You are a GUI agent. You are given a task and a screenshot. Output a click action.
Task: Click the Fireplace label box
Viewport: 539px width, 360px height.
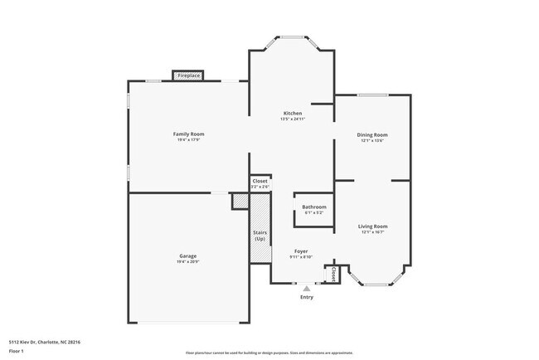coord(188,75)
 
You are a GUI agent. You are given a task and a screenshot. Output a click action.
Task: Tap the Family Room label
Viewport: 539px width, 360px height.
coord(188,134)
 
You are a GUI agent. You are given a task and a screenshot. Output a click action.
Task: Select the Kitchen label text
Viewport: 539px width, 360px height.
coord(293,113)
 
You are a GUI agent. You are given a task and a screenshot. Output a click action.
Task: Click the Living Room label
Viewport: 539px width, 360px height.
coord(373,226)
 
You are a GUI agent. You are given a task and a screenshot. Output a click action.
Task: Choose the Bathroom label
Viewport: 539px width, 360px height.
coord(313,207)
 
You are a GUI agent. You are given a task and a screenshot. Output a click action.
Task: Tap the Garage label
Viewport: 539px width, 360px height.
coord(187,255)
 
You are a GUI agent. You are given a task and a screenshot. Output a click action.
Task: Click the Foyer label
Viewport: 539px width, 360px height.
coord(301,251)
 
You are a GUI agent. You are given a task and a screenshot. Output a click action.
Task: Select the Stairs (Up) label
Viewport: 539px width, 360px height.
coord(260,236)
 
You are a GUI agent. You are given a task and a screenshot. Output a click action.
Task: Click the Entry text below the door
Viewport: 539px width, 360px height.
coord(307,297)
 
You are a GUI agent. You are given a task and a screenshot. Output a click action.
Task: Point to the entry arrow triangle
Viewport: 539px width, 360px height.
coord(307,288)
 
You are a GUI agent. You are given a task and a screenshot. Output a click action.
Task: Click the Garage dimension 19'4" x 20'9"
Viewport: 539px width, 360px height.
coord(187,262)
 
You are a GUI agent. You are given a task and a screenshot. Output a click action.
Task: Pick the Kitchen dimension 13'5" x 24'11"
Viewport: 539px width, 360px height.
coord(293,119)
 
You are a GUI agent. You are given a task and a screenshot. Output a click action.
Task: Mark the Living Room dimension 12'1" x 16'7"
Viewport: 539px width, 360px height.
coord(373,232)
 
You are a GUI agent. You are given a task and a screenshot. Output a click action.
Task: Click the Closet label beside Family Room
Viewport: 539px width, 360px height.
coord(260,181)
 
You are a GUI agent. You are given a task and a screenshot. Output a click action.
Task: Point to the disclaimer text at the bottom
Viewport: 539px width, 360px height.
coord(269,353)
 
